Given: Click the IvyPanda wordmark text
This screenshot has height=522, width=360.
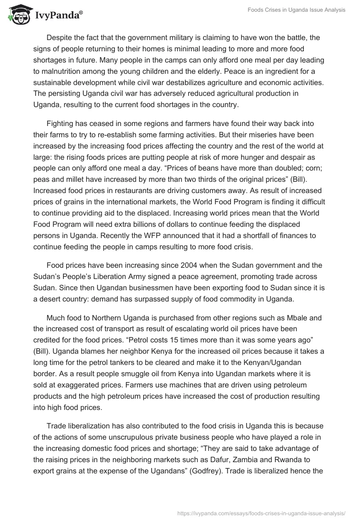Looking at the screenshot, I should point(59,16).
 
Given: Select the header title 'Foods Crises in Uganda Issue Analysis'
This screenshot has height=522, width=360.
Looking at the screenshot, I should point(296,10).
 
